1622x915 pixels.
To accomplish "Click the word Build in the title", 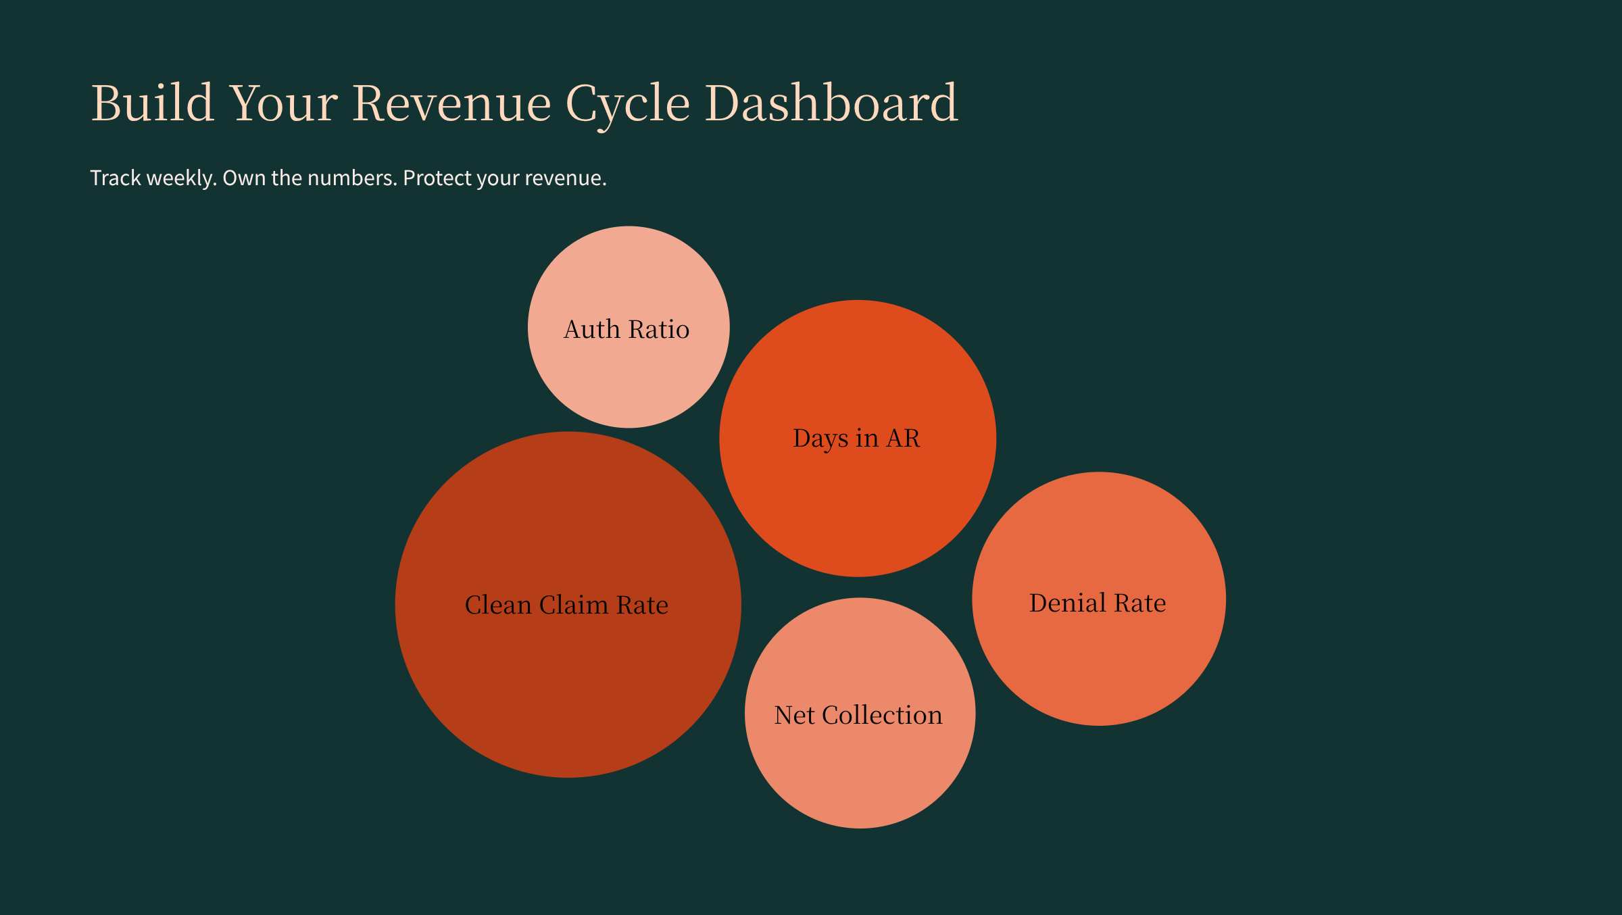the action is point(153,103).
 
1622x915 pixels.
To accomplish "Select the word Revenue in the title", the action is point(451,103).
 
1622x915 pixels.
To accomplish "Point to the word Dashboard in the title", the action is point(831,103).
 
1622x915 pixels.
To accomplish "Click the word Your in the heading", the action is point(284,103).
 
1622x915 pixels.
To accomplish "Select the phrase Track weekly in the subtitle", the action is point(153,178).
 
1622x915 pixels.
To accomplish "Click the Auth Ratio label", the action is point(626,329).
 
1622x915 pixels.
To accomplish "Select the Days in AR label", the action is point(856,439).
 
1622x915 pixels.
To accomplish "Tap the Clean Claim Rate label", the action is point(566,605).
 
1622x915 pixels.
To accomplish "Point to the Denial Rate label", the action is point(1098,603).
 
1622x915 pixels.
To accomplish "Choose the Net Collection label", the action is point(858,715).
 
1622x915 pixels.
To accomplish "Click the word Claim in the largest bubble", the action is point(574,605).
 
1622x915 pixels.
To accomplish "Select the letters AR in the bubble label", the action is point(903,439).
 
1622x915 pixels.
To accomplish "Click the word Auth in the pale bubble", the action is point(592,329).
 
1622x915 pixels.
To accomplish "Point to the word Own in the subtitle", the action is point(244,178).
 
